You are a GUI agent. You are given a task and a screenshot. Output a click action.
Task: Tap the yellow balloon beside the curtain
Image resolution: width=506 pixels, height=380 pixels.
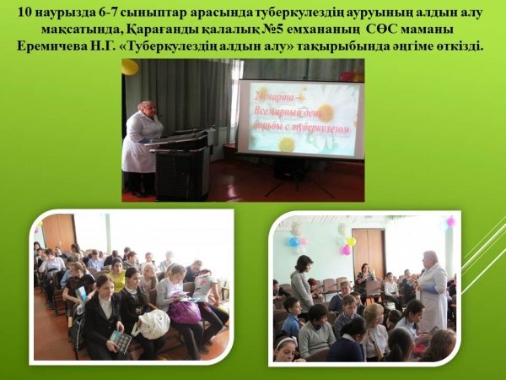[x=130, y=67]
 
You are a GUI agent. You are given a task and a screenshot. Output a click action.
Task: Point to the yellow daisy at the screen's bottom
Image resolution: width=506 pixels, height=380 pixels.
[x=287, y=144]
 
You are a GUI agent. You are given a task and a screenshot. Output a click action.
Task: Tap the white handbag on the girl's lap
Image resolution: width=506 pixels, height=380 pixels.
[x=154, y=324]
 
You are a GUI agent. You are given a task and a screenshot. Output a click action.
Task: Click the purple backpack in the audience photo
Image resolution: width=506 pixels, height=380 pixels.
[x=184, y=312]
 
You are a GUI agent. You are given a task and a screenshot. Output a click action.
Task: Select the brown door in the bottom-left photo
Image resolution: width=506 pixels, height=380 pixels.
[x=59, y=232]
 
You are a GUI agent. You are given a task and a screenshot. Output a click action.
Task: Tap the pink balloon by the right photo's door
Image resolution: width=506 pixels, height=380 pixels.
[x=346, y=250]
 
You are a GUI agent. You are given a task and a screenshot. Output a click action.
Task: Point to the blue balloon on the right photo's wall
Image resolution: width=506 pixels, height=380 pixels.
[x=293, y=242]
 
